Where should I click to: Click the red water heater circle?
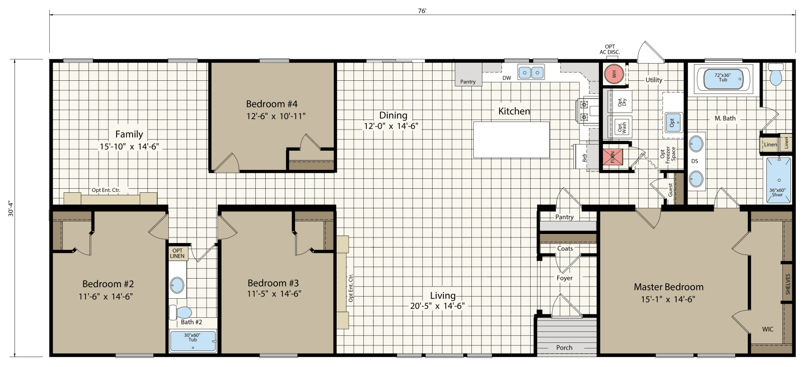pos(614,74)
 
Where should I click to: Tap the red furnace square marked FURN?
pos(613,158)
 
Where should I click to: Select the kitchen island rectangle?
pos(512,139)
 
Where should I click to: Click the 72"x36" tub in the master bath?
pos(723,79)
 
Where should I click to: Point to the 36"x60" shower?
pos(777,180)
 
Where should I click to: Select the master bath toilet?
pos(776,76)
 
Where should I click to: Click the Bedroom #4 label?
pos(271,104)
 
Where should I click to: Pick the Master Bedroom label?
pos(668,287)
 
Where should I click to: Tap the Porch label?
pos(564,347)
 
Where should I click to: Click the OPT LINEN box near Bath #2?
pos(178,253)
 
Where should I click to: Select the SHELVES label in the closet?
pos(787,284)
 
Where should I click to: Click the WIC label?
pos(767,329)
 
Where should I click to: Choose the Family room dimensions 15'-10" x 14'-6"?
pos(130,147)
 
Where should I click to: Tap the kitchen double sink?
pos(531,73)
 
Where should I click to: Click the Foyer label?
pos(564,278)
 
